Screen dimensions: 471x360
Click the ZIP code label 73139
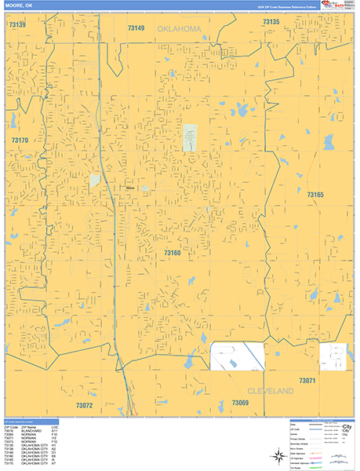click(x=17, y=25)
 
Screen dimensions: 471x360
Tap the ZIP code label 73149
click(x=136, y=28)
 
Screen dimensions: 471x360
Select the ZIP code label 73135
click(x=271, y=22)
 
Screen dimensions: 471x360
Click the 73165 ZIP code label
click(x=315, y=194)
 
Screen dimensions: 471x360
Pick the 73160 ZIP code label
click(x=172, y=253)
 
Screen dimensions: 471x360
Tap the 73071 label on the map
click(x=306, y=381)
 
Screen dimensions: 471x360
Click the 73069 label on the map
click(x=240, y=403)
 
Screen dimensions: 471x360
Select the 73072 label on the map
click(x=85, y=406)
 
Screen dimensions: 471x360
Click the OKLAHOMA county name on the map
click(x=179, y=28)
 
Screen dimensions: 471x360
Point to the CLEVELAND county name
click(x=271, y=390)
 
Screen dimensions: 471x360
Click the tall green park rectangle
click(x=190, y=137)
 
